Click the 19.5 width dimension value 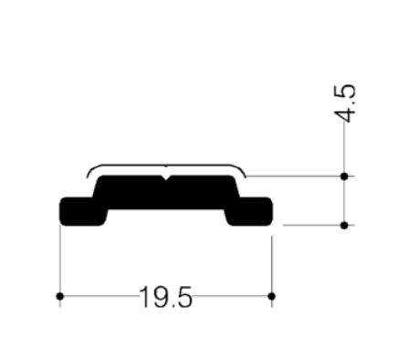point(166,297)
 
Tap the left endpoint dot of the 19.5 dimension point(59,296)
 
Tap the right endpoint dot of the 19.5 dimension point(273,296)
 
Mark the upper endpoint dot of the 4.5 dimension point(344,175)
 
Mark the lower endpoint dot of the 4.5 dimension point(344,225)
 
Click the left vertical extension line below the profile point(59,260)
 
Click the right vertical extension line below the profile point(273,260)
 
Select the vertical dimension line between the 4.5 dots point(344,200)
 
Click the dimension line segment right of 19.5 point(234,296)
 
